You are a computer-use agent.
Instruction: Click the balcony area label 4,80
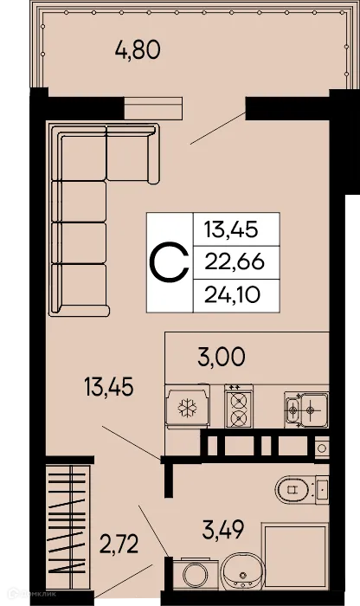(x=138, y=49)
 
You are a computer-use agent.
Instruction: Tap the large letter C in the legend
(x=169, y=261)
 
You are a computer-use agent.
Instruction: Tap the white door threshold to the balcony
(x=154, y=107)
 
